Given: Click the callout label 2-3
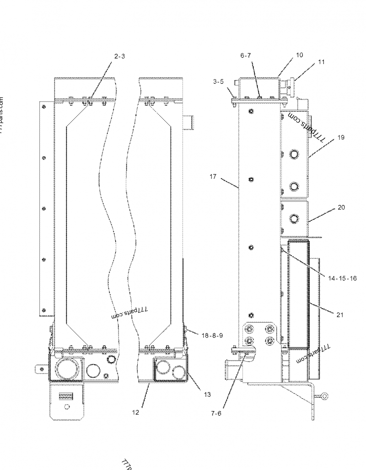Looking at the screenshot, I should [x=119, y=57].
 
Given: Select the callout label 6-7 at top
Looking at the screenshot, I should [x=246, y=56].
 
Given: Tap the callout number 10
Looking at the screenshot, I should [x=299, y=55].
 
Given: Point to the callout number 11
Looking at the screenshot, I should [x=321, y=62].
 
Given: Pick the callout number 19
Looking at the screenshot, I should [x=341, y=137].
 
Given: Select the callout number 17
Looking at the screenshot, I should [x=213, y=176].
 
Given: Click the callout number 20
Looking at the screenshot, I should [x=341, y=207].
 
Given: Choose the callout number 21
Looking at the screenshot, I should [x=339, y=315].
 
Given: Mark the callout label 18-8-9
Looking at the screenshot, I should [x=212, y=336].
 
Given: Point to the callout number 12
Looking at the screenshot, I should [x=135, y=412].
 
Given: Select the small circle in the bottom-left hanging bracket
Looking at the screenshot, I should [x=67, y=406].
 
